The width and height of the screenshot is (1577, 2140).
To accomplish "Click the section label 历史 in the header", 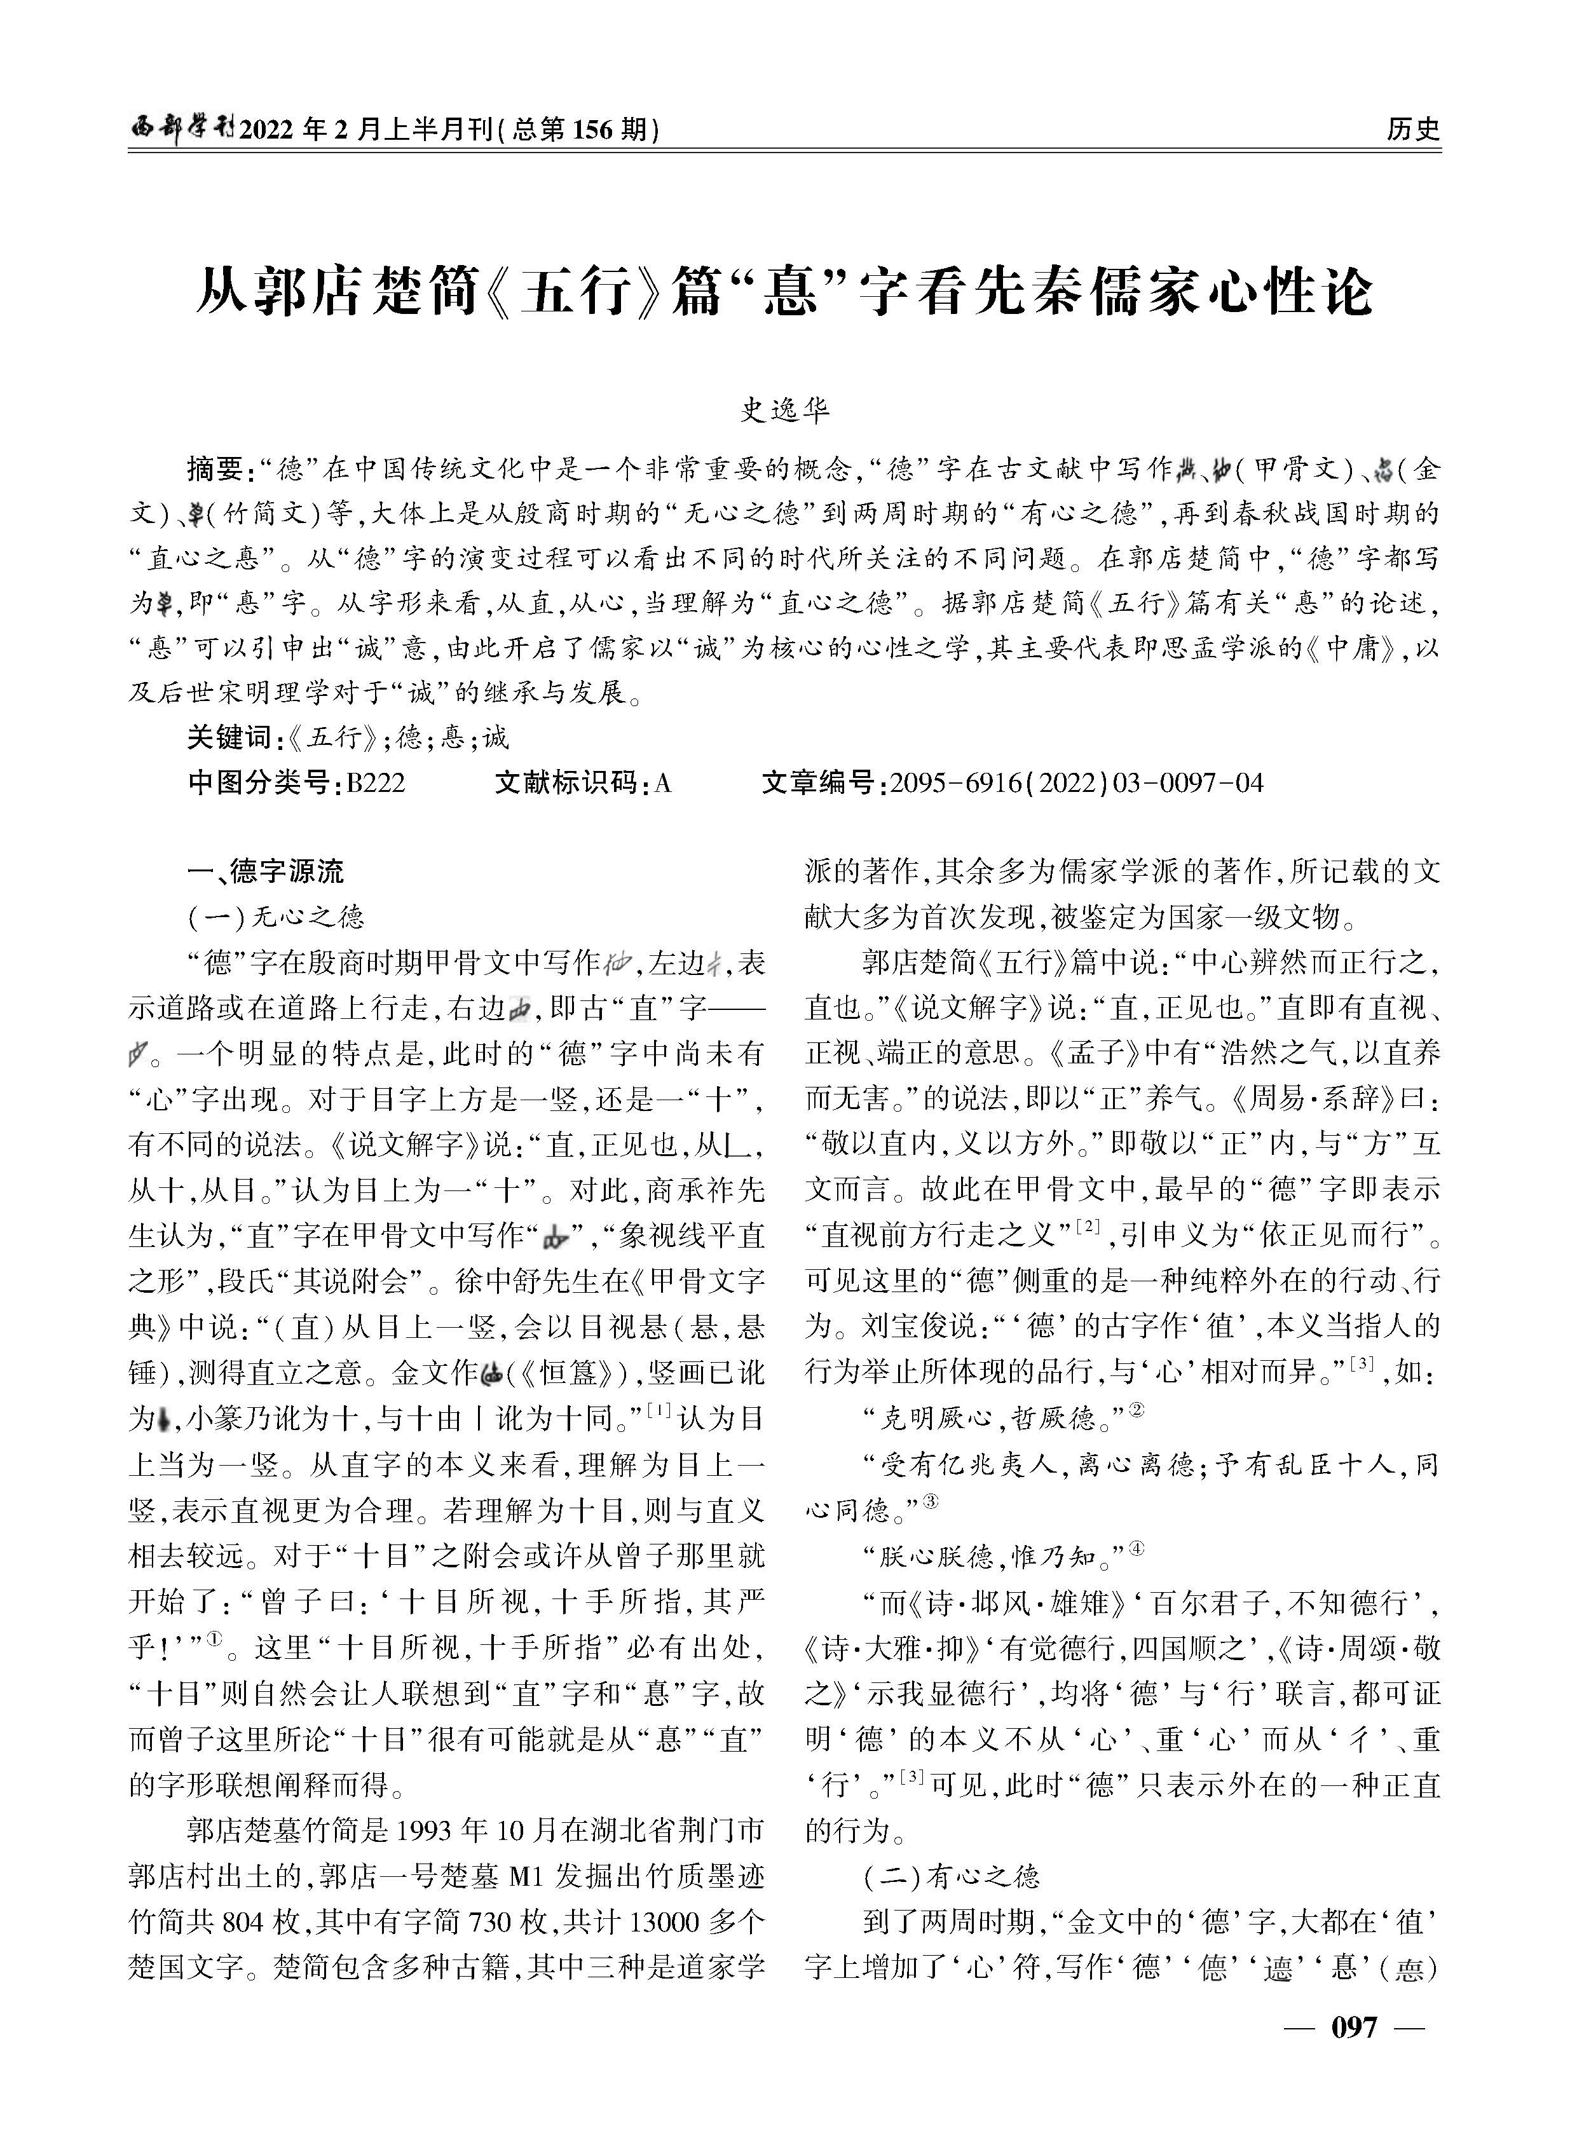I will tap(1413, 129).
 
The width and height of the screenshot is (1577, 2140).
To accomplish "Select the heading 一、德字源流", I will tap(266, 871).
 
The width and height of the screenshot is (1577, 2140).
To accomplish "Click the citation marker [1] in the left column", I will tap(659, 1409).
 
